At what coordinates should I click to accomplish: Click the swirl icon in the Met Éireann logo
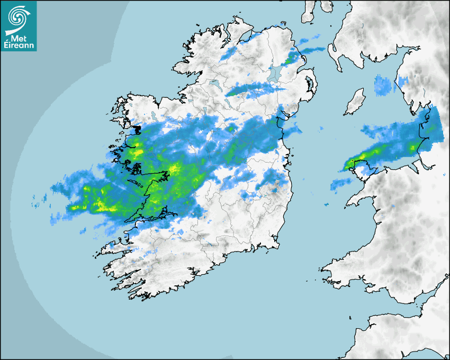(17, 16)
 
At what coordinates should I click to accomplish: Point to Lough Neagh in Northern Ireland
(274, 73)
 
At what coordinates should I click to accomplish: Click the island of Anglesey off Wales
(361, 164)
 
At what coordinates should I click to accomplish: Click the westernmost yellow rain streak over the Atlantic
(79, 207)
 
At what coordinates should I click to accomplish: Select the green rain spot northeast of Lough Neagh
(289, 59)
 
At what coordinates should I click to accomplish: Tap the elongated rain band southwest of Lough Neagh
(249, 89)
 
